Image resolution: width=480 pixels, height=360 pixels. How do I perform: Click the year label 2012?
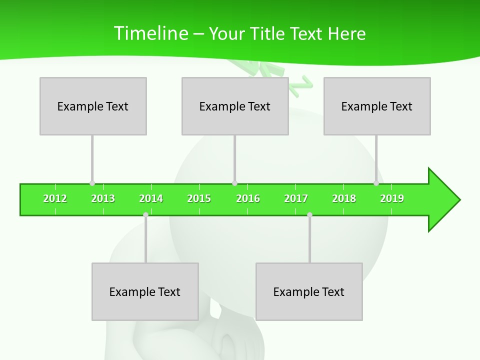coord(55,198)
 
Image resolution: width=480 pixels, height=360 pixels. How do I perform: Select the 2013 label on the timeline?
coord(103,198)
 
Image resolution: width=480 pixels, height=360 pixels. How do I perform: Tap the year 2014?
coord(151,198)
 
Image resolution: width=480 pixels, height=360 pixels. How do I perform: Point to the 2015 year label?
coord(199,198)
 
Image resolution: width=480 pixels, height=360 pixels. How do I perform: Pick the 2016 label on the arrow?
coord(248,198)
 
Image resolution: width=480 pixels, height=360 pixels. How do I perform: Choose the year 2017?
coord(296,198)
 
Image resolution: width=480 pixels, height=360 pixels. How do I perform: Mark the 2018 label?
coord(344,198)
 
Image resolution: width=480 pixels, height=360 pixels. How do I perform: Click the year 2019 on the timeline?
coord(392,198)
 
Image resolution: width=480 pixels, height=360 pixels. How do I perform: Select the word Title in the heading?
coord(267,33)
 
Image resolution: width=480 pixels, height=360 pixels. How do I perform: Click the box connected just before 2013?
coord(93,106)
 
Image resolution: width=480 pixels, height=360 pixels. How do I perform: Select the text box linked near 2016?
coord(235,106)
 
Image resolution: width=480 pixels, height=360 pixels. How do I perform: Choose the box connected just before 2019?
coord(377,106)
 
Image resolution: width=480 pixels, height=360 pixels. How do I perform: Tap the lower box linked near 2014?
coord(145,291)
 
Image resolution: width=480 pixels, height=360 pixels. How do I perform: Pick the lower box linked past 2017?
coord(309,291)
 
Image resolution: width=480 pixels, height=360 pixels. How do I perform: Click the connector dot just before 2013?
coord(92,183)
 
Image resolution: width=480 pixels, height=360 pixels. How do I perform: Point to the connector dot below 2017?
coord(309,215)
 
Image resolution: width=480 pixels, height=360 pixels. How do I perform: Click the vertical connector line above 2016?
coord(234,157)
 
